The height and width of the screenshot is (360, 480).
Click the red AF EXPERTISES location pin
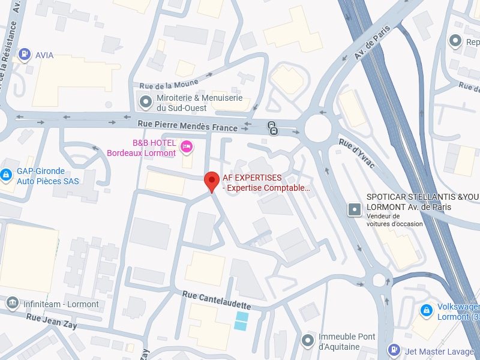211,181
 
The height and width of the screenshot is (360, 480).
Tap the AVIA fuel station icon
24,55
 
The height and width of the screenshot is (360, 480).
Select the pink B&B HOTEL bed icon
186,145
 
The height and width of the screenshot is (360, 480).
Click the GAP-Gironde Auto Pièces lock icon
6,175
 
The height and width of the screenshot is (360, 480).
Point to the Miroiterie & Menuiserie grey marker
145,103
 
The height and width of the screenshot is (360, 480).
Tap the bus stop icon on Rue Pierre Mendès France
273,128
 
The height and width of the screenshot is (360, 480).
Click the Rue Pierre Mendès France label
187,124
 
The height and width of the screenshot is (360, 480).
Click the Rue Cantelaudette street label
217,300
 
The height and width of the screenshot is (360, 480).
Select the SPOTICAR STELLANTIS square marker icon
355,209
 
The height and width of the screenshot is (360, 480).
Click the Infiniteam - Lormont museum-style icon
11,304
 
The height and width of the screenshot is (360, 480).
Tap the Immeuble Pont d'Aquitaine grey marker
308,341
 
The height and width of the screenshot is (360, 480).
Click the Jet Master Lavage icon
394,349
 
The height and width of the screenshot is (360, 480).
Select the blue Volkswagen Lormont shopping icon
426,310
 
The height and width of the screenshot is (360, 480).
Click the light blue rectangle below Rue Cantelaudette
241,321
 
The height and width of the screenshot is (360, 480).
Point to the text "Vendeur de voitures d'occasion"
394,220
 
